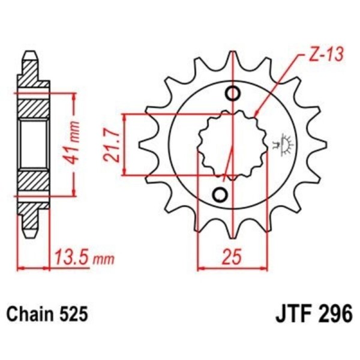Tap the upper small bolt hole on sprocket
pyautogui.click(x=233, y=93)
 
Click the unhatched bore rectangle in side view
pyautogui.click(x=34, y=144)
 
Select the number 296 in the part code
pyautogui.click(x=335, y=314)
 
